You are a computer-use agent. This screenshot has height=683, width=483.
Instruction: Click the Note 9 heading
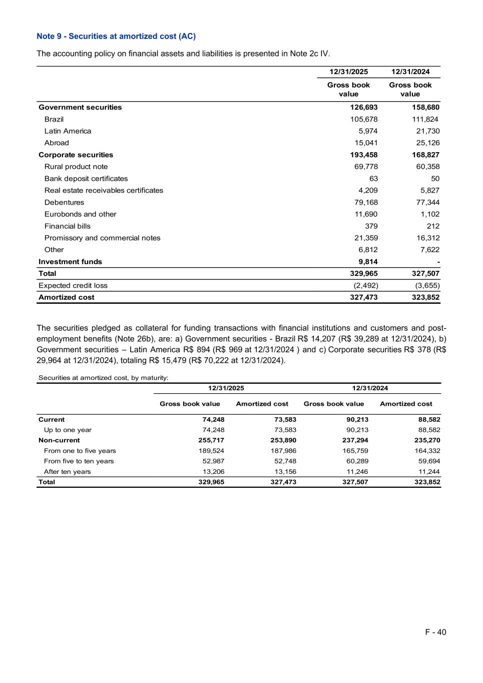116,37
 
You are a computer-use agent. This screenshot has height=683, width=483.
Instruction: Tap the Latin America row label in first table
68,131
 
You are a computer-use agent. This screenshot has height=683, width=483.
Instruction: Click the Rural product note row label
76,167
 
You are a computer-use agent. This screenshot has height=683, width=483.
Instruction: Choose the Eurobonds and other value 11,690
366,214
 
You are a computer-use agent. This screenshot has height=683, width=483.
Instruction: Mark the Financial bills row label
68,226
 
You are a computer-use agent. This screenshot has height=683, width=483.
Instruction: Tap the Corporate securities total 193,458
364,155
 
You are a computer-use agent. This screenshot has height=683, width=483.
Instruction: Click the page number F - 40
435,632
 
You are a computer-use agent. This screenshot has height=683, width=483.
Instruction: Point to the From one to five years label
80,451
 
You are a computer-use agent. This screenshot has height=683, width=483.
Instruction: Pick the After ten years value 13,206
213,471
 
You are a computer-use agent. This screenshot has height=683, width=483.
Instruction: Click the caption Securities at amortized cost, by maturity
104,378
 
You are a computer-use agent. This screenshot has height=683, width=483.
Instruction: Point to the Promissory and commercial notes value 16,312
427,238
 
